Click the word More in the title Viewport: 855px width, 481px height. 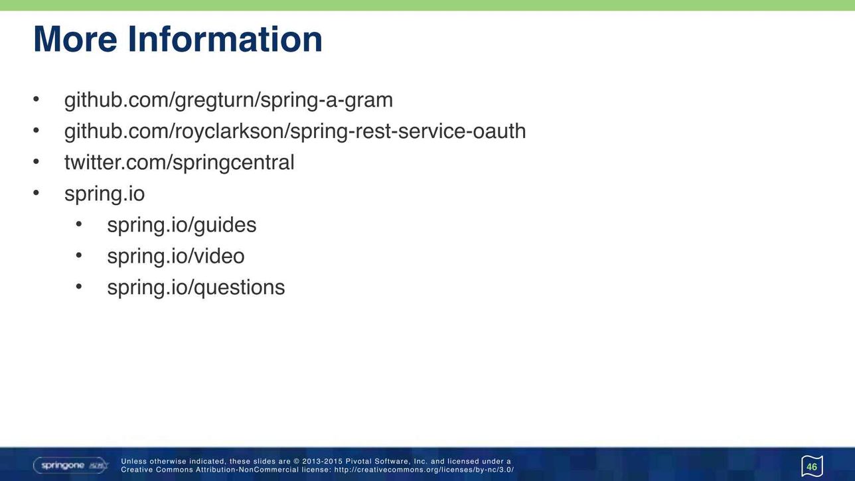(x=75, y=39)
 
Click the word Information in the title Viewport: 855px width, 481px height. (x=225, y=39)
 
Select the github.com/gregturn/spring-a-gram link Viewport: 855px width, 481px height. (x=228, y=101)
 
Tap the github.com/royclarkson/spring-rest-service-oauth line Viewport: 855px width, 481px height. (x=295, y=132)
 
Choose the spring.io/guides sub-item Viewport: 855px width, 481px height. (x=182, y=226)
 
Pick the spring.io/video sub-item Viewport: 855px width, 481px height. (x=175, y=256)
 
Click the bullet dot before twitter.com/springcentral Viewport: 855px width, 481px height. (x=37, y=162)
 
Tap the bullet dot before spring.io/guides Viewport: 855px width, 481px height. (x=79, y=224)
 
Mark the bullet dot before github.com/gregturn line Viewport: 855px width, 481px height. (x=37, y=99)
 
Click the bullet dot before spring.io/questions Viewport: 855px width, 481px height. (x=79, y=287)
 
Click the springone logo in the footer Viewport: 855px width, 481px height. (x=71, y=465)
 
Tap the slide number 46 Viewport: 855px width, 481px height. (x=812, y=467)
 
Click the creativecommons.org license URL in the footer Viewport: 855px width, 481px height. (x=424, y=470)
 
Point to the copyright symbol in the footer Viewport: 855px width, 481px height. (x=296, y=462)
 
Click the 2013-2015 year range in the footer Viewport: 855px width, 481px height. (x=322, y=462)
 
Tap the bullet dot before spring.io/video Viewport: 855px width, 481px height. (x=79, y=255)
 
